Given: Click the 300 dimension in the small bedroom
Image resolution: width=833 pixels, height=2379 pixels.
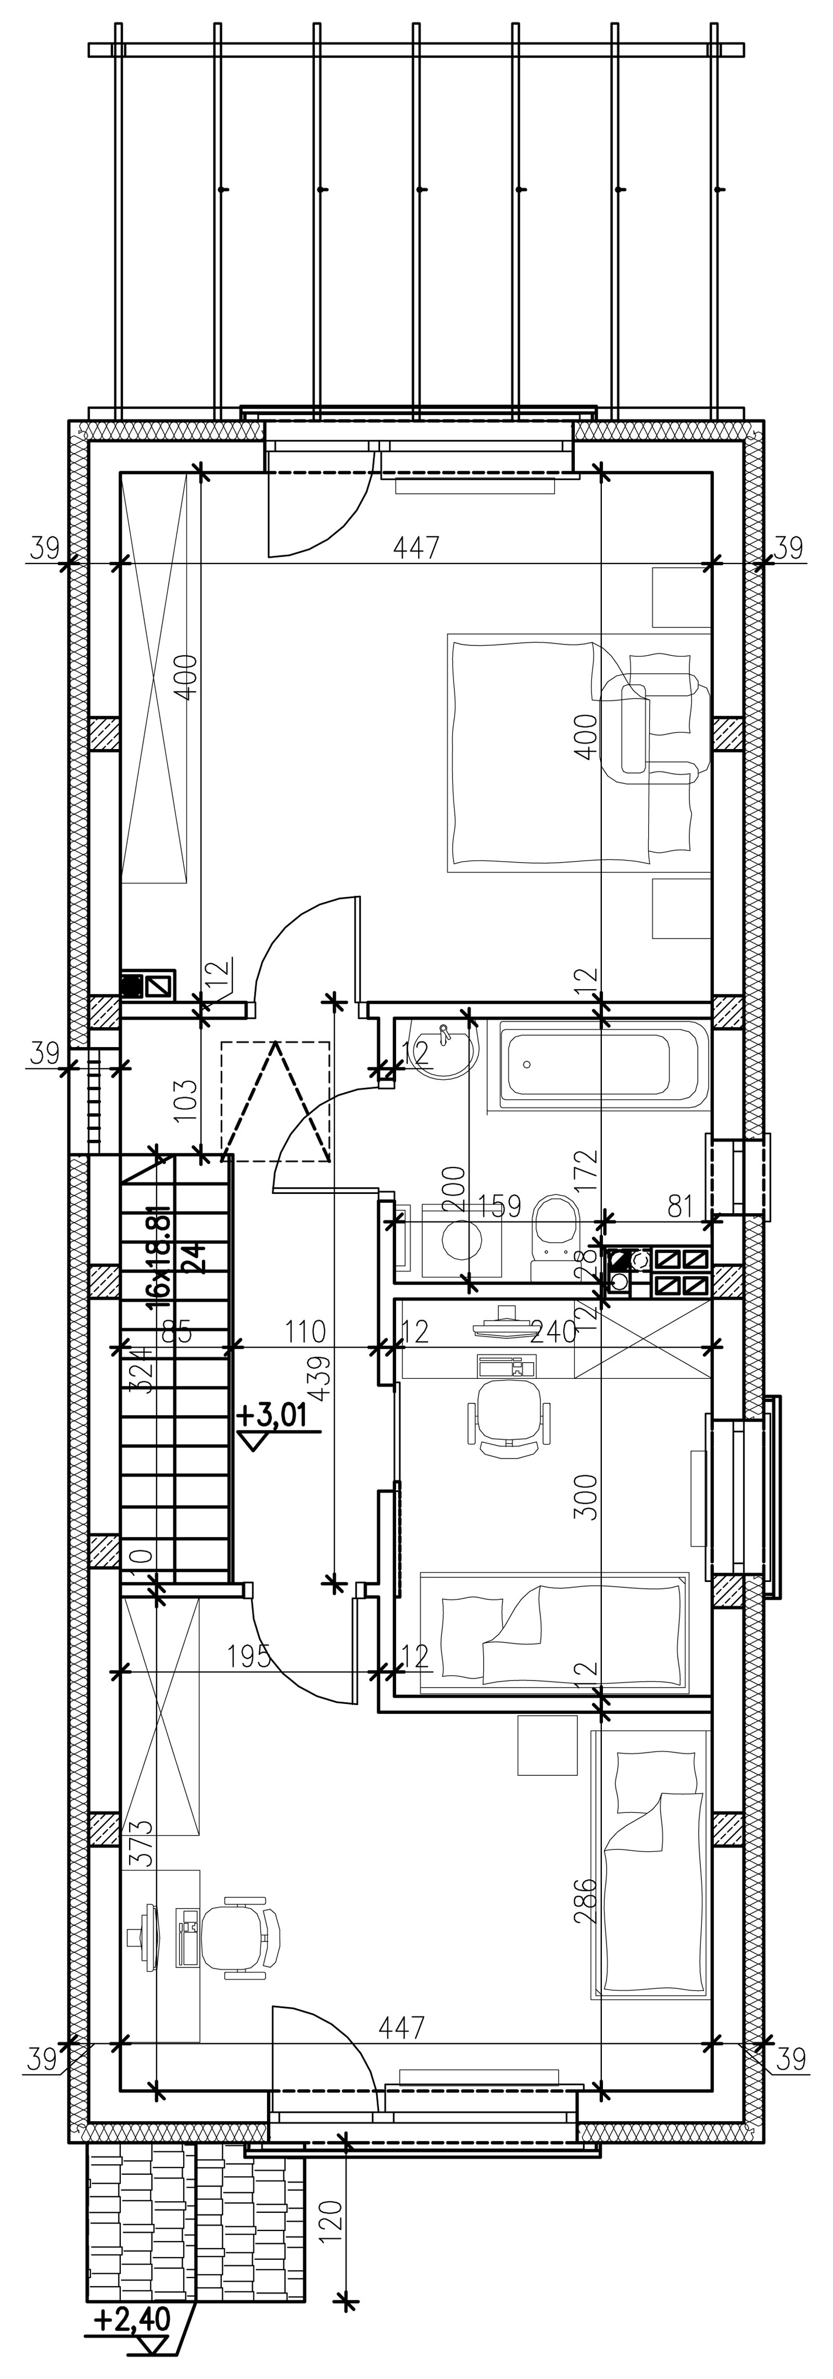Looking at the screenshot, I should pyautogui.click(x=586, y=1496).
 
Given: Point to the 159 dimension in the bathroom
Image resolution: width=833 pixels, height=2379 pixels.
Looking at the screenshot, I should pyautogui.click(x=499, y=1206).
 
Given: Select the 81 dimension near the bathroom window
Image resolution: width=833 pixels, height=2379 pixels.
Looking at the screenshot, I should pyautogui.click(x=680, y=1206).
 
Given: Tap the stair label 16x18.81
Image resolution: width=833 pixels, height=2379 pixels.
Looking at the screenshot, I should pyautogui.click(x=159, y=1256).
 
